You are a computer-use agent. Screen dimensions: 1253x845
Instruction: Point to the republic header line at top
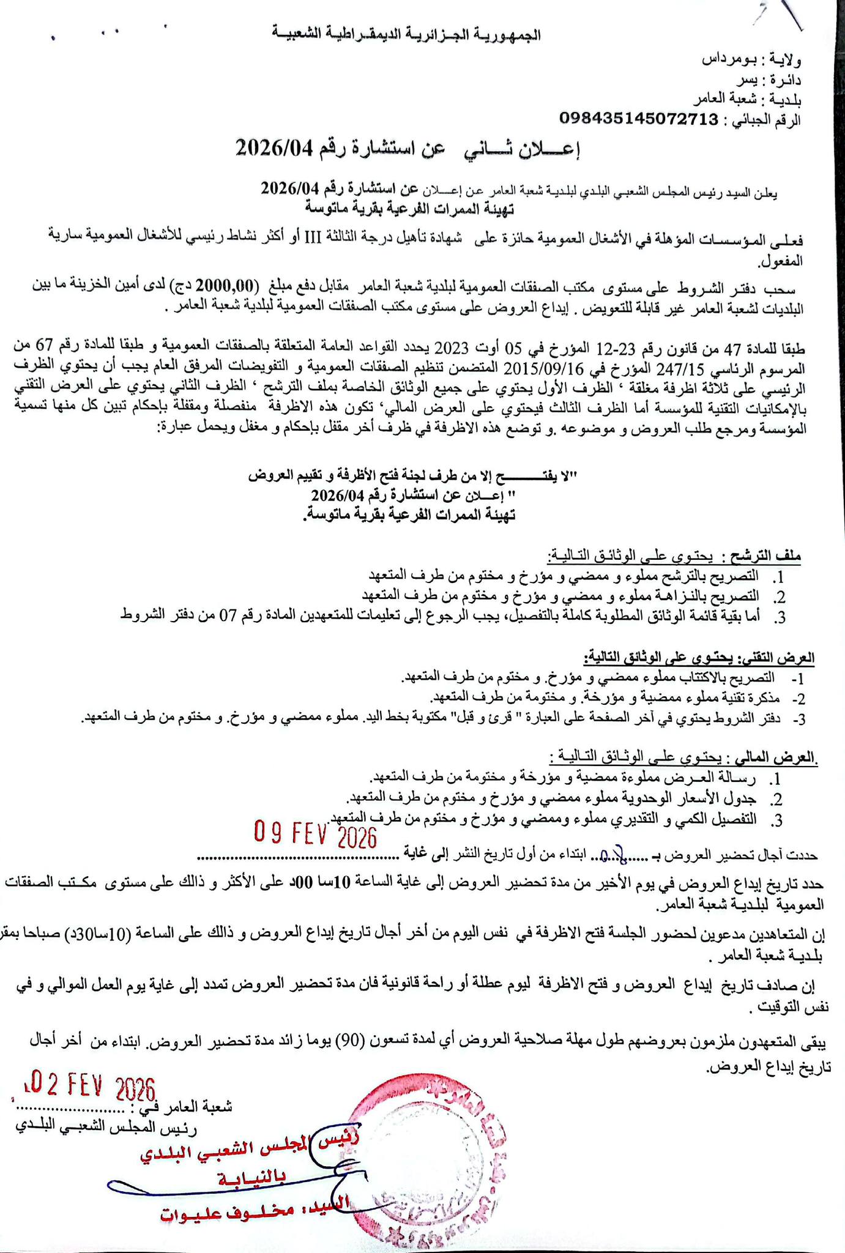click(x=406, y=35)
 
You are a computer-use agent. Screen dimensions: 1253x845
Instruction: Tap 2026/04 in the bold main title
click(x=274, y=148)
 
